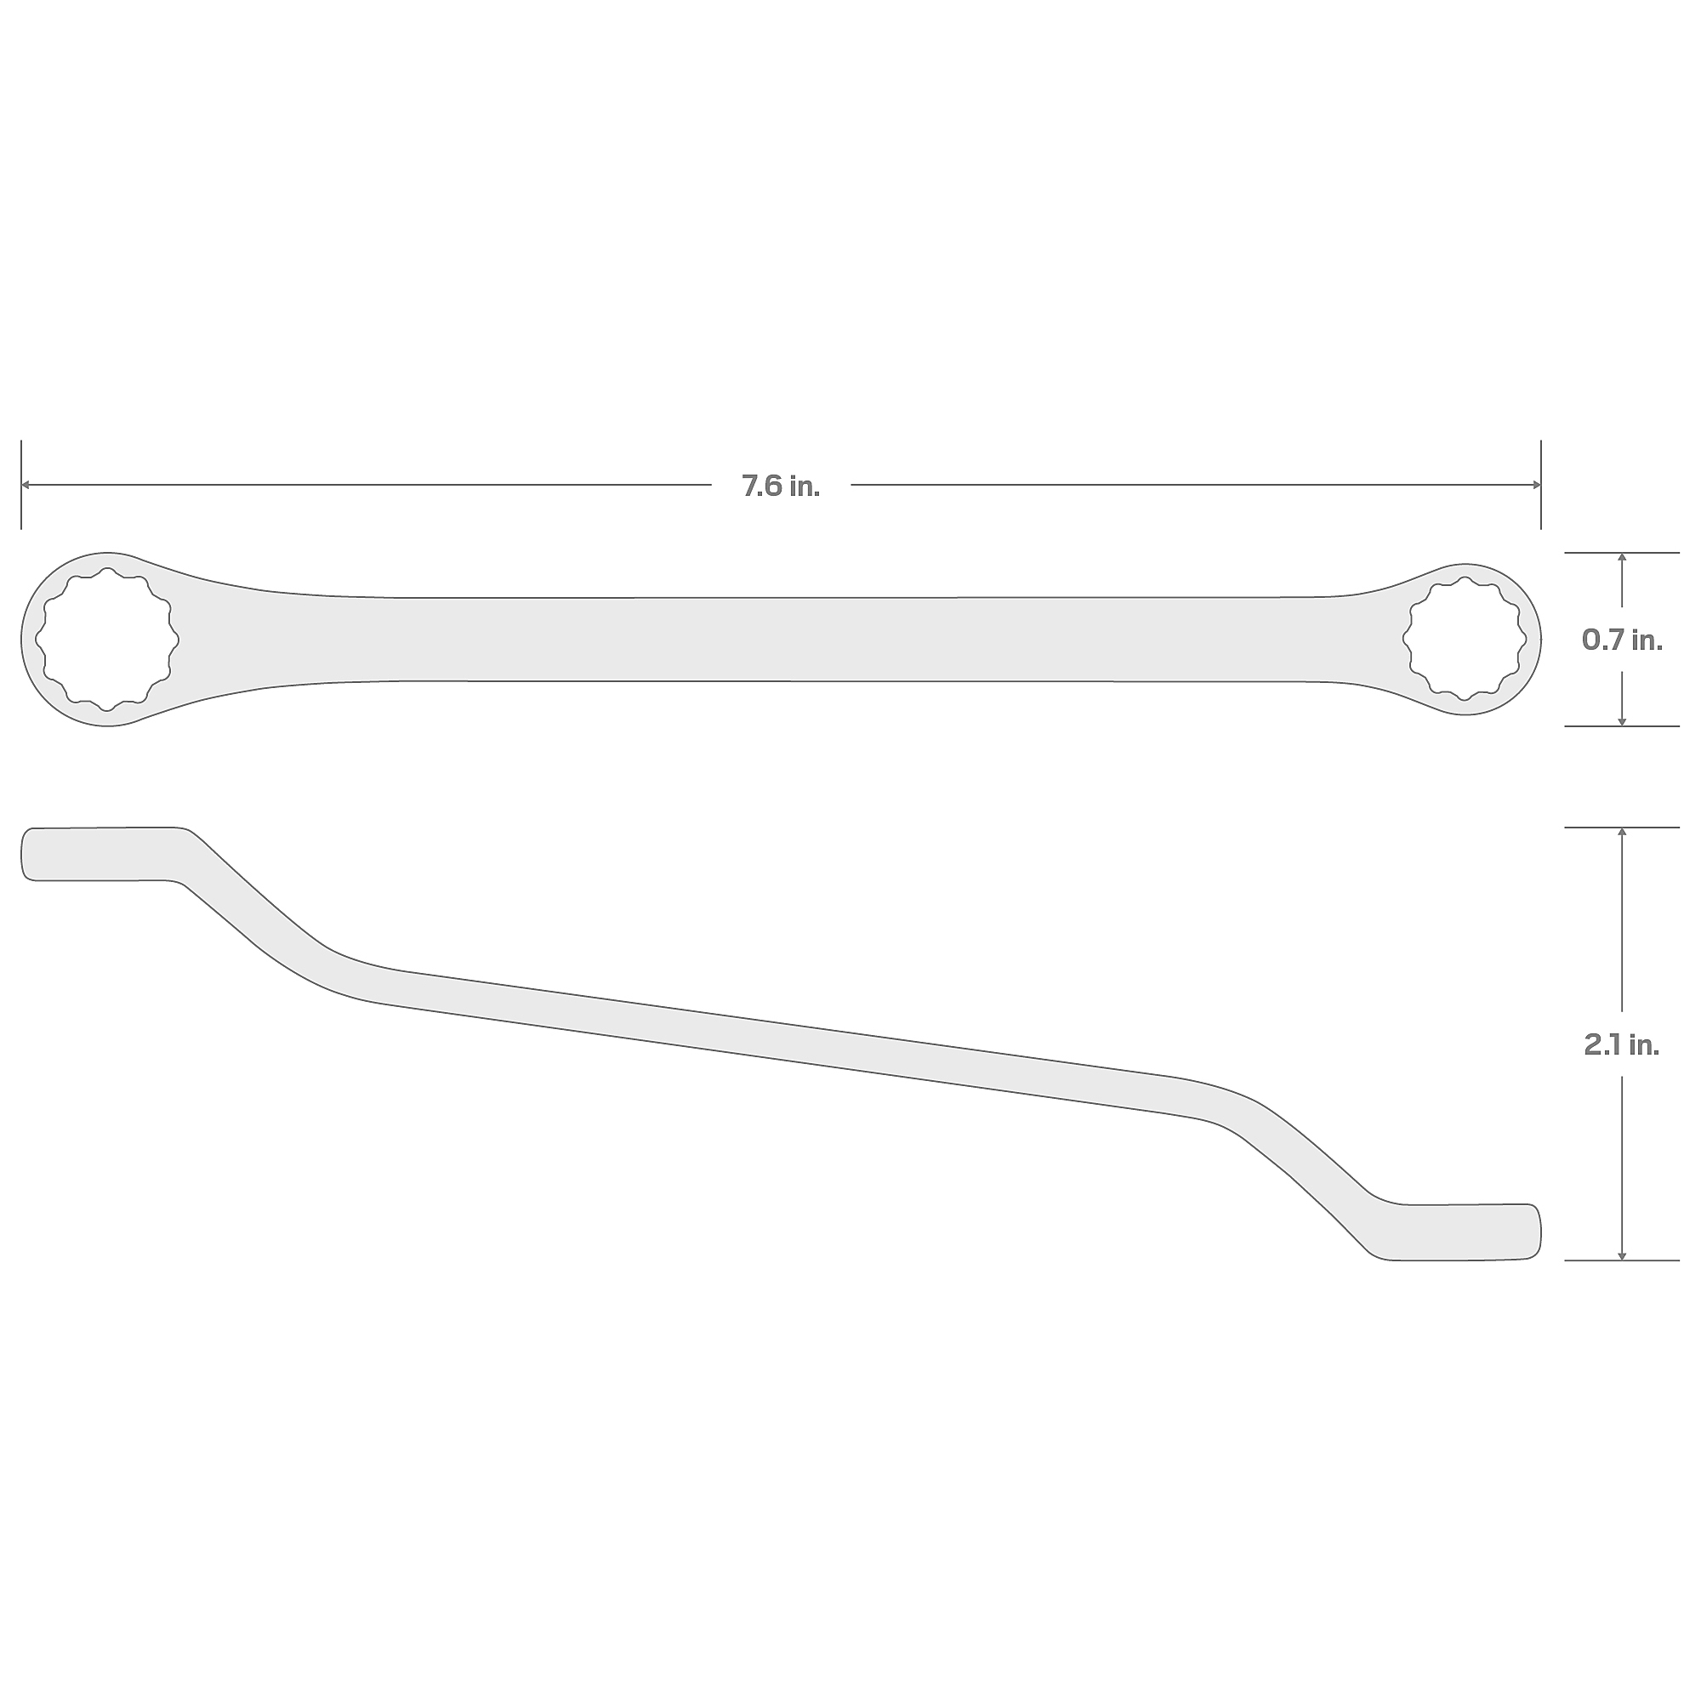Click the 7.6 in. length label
point(780,486)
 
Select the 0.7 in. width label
point(1622,640)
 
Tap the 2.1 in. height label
point(1622,1045)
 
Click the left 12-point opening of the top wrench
point(106,640)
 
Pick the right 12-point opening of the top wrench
point(1465,640)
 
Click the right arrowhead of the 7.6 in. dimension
point(1535,485)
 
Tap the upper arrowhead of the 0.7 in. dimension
point(1622,558)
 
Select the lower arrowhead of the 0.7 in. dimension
point(1622,721)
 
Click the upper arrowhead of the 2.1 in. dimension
point(1622,833)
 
